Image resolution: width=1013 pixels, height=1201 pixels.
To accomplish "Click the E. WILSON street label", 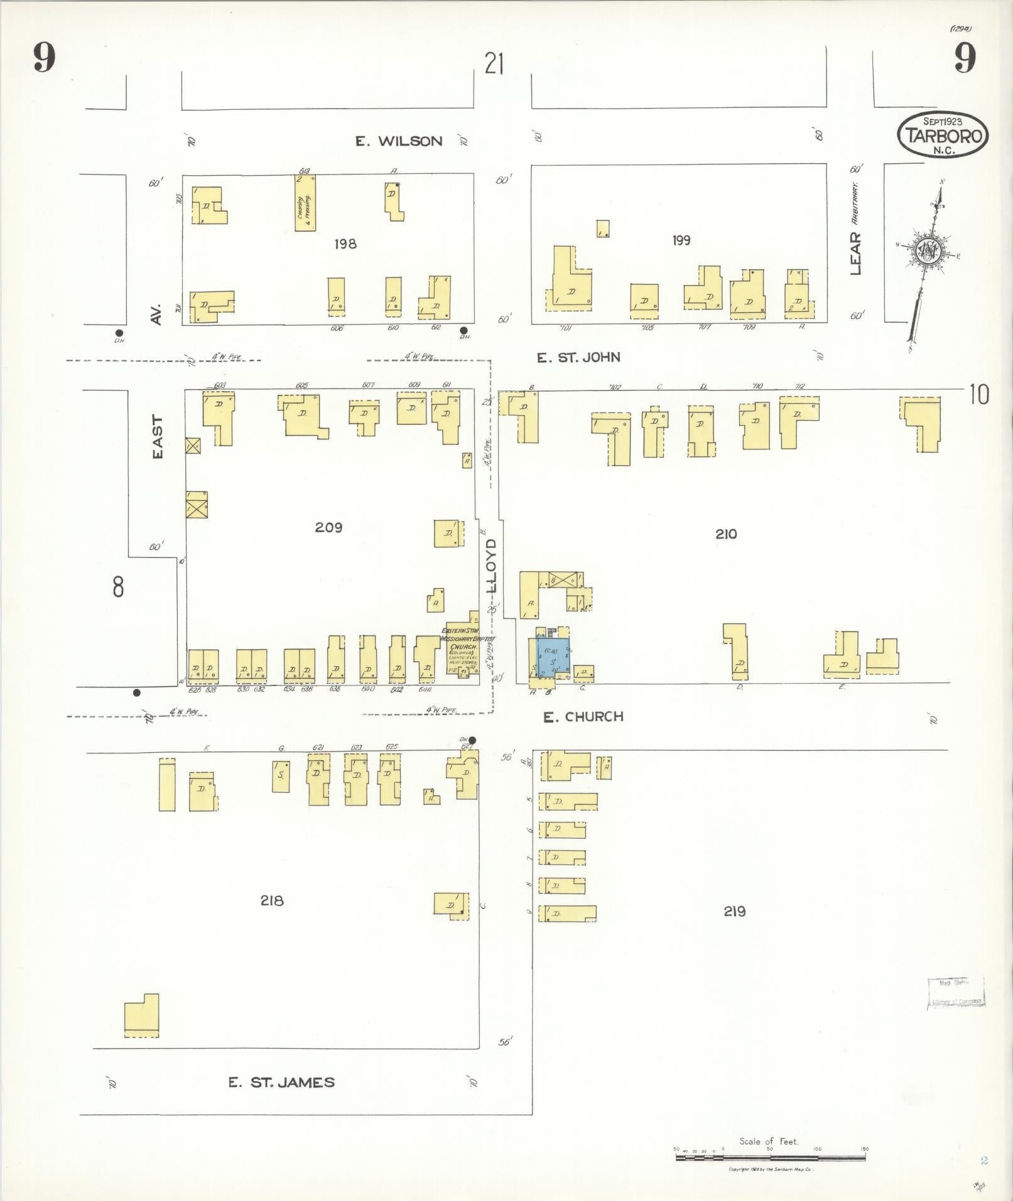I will [x=399, y=141].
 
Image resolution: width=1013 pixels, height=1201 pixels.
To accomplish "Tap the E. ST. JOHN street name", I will [x=578, y=358].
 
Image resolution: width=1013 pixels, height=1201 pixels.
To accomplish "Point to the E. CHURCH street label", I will [x=583, y=716].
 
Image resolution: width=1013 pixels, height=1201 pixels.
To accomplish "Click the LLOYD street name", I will [x=492, y=565].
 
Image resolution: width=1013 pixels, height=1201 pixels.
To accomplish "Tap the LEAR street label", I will [x=855, y=253].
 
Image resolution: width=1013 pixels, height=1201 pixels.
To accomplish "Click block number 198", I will [x=345, y=244].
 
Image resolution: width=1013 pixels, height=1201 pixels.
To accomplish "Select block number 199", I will [x=681, y=240].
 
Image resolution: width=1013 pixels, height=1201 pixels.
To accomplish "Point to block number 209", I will [x=328, y=527].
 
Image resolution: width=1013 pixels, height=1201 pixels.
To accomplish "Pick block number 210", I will [x=725, y=534].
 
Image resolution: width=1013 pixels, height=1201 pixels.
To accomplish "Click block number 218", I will [x=272, y=901].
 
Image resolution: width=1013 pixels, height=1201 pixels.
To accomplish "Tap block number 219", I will [x=734, y=911].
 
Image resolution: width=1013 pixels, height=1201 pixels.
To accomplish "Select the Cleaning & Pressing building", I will [x=305, y=203].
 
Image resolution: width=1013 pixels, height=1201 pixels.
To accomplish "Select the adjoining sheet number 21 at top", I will [x=494, y=64].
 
